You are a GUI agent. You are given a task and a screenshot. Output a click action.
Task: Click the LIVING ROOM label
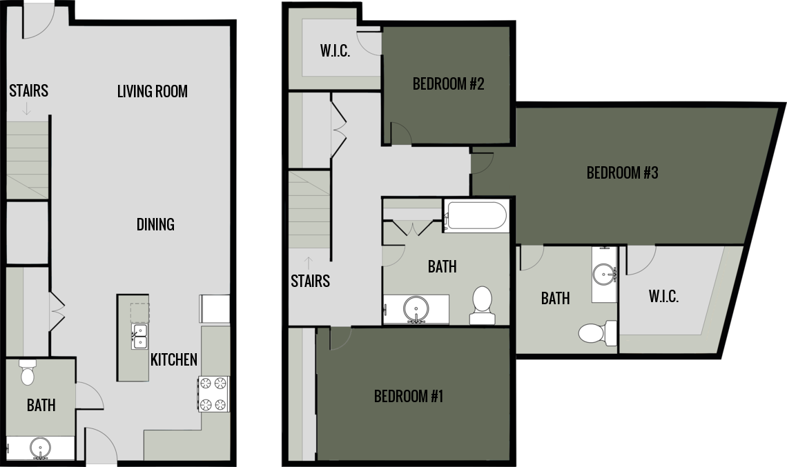(x=152, y=91)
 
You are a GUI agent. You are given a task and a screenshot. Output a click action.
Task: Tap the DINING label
(x=155, y=224)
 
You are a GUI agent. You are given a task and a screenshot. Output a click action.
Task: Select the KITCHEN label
(x=174, y=359)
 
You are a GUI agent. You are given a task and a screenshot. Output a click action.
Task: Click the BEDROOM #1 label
(x=408, y=397)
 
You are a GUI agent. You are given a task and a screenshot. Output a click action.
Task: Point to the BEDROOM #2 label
(x=448, y=84)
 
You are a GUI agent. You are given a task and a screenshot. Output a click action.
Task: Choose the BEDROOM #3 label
(x=622, y=172)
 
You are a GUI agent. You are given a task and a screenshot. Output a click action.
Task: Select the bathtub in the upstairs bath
(x=476, y=215)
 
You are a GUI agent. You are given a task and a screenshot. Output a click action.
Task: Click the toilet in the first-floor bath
(x=28, y=372)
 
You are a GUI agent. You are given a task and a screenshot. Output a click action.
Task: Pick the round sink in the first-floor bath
(x=40, y=449)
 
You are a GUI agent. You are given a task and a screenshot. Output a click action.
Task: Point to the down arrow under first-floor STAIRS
(x=26, y=108)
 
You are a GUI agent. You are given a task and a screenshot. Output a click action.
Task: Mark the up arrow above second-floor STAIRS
(x=309, y=261)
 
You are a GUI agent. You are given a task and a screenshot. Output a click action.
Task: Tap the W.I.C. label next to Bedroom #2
(x=335, y=51)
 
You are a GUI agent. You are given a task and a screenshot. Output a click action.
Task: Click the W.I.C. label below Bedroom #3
(x=663, y=297)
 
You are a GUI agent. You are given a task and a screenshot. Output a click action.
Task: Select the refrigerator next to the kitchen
(x=214, y=308)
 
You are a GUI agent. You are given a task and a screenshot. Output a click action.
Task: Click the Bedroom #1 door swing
(x=340, y=337)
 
